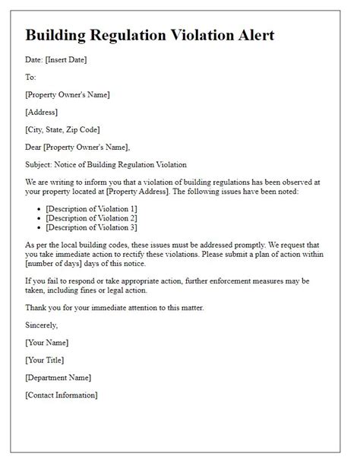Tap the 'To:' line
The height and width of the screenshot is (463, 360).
click(31, 78)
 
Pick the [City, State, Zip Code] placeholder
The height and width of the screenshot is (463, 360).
click(62, 129)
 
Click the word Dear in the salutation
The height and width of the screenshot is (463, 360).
click(35, 147)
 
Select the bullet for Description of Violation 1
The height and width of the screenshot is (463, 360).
click(39, 208)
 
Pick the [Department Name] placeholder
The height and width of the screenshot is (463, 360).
click(58, 377)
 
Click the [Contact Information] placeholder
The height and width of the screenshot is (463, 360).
click(62, 395)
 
